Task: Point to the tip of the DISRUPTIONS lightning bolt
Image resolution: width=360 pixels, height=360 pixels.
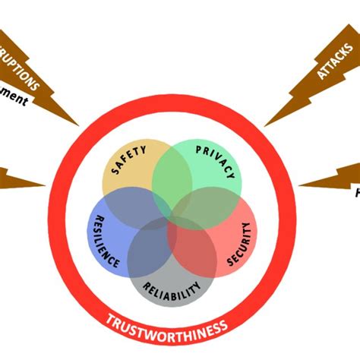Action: tap(78, 125)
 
